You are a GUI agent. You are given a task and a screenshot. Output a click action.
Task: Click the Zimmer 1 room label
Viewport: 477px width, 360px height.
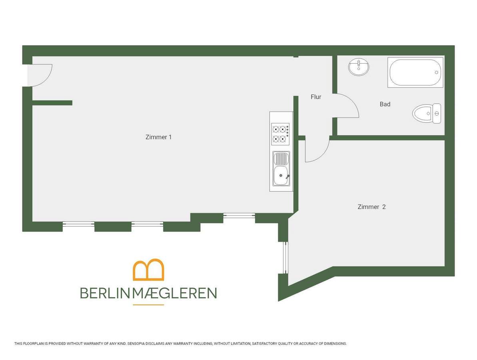(x=158, y=137)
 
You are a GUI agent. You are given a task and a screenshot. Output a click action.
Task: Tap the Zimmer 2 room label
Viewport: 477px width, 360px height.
(x=371, y=207)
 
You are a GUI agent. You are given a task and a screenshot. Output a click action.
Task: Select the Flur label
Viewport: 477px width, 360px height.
(x=316, y=97)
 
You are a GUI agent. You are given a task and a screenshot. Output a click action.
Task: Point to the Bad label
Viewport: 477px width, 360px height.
(x=385, y=104)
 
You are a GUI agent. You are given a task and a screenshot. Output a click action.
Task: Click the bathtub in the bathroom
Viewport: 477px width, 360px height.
(x=415, y=72)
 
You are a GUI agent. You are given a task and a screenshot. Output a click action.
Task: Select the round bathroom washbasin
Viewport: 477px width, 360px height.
(x=359, y=67)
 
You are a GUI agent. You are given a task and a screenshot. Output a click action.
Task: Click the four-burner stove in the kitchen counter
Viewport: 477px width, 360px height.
(x=280, y=134)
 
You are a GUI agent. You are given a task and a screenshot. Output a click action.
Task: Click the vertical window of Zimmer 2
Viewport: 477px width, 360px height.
(x=285, y=258)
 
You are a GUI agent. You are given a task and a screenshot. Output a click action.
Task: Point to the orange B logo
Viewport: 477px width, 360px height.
(x=148, y=270)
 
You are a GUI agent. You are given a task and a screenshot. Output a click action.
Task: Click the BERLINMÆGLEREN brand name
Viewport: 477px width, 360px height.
(x=148, y=293)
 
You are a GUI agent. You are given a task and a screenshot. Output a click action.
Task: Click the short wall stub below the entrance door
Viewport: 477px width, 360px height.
(x=52, y=103)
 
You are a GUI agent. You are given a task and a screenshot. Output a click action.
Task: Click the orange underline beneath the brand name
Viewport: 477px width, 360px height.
(x=148, y=305)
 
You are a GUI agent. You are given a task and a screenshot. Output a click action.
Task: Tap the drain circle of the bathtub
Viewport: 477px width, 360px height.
(x=436, y=72)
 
